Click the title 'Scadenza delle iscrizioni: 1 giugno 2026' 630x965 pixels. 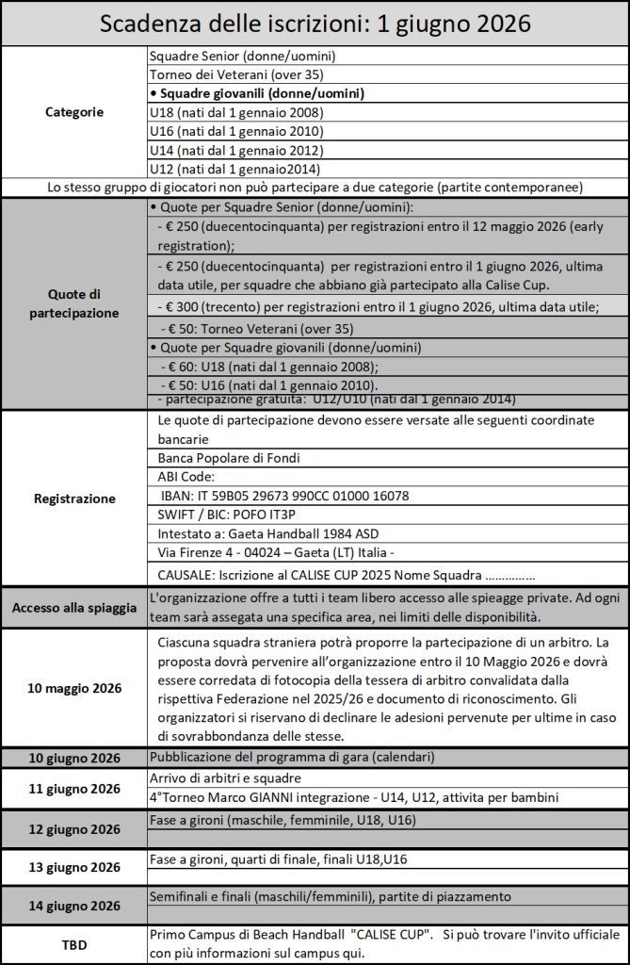[315, 24]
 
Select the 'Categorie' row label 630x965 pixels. [74, 112]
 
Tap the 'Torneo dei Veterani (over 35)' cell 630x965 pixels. [226, 75]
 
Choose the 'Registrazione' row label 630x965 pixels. [74, 499]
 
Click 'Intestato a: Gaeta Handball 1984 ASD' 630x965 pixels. [272, 533]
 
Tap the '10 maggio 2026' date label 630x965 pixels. [74, 688]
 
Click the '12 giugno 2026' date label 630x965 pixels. [74, 830]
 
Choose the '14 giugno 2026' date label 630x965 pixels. [74, 906]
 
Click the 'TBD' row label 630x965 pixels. [74, 944]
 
